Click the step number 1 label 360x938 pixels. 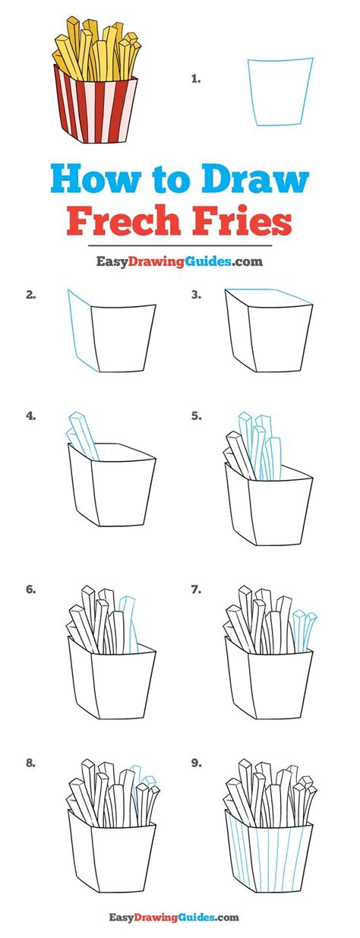pyautogui.click(x=196, y=79)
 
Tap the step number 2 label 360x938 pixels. pyautogui.click(x=30, y=295)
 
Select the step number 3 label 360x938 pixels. pyautogui.click(x=196, y=295)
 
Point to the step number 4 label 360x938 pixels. pyautogui.click(x=30, y=416)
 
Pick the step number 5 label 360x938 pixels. pyautogui.click(x=196, y=416)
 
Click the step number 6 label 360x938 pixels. pyautogui.click(x=30, y=589)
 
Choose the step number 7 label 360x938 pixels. pyautogui.click(x=196, y=589)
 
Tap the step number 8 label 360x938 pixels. pyautogui.click(x=30, y=763)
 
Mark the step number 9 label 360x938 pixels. pyautogui.click(x=196, y=763)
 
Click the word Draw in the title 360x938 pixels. pyautogui.click(x=255, y=179)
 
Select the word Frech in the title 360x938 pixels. pyautogui.click(x=124, y=221)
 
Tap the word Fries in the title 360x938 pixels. pyautogui.click(x=242, y=221)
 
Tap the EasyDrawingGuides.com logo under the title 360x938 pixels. pyautogui.click(x=180, y=261)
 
